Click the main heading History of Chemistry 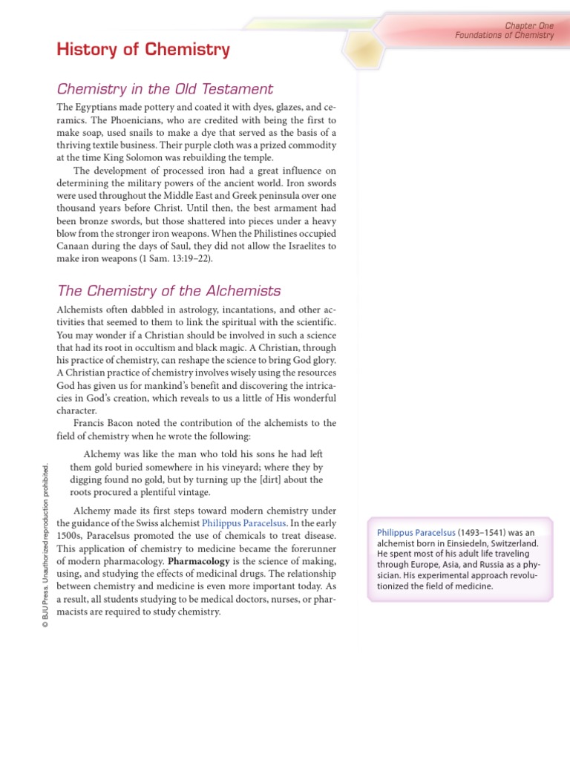tap(143, 50)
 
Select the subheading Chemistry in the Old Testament tap(165, 89)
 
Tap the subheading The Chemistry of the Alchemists tap(168, 290)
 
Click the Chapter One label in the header tap(529, 25)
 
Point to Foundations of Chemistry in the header tap(505, 35)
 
